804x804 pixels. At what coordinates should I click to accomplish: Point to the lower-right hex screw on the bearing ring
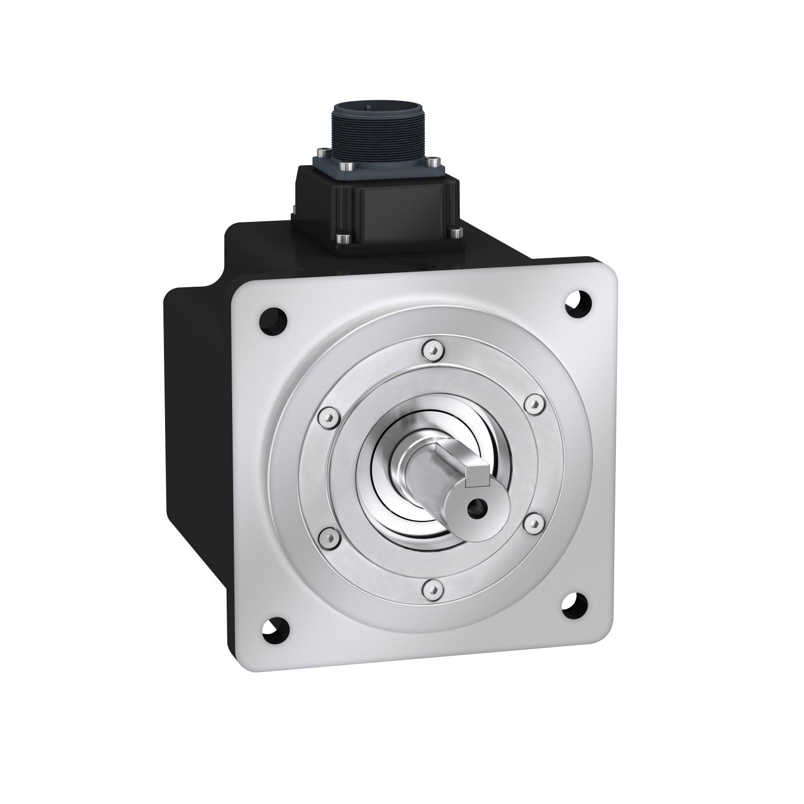pos(532,521)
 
